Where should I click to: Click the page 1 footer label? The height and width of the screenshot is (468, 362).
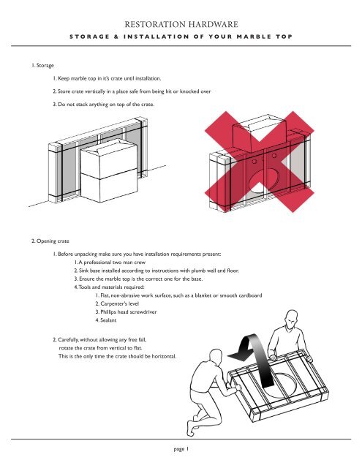(180, 450)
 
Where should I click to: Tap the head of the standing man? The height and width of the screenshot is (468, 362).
(291, 318)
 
